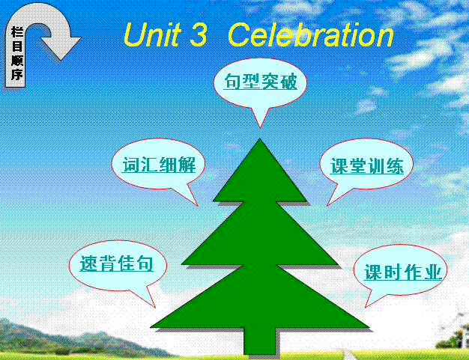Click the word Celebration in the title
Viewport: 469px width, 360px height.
(x=310, y=35)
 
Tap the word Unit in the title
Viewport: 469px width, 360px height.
(x=152, y=34)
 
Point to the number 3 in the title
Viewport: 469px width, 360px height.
(x=198, y=35)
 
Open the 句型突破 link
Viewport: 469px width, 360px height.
(x=261, y=82)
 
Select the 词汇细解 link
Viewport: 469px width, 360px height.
(x=159, y=165)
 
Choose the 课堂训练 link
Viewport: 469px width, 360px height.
(x=367, y=166)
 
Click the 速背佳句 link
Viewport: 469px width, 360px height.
(x=116, y=263)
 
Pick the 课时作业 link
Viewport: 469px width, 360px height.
(x=402, y=272)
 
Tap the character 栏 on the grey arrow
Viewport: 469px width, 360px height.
(x=17, y=32)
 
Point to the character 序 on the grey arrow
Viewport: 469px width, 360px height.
(x=17, y=74)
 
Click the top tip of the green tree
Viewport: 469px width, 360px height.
(x=260, y=138)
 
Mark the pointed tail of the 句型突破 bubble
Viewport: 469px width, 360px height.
(x=260, y=128)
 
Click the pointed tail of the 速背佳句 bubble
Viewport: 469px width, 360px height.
(x=155, y=307)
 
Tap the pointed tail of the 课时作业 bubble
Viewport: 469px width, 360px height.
(x=365, y=307)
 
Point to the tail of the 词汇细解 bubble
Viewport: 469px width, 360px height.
(x=197, y=205)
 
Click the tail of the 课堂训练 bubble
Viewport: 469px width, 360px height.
(x=327, y=205)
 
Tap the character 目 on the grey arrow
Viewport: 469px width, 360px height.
(x=17, y=46)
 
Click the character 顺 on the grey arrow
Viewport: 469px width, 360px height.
(x=17, y=61)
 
